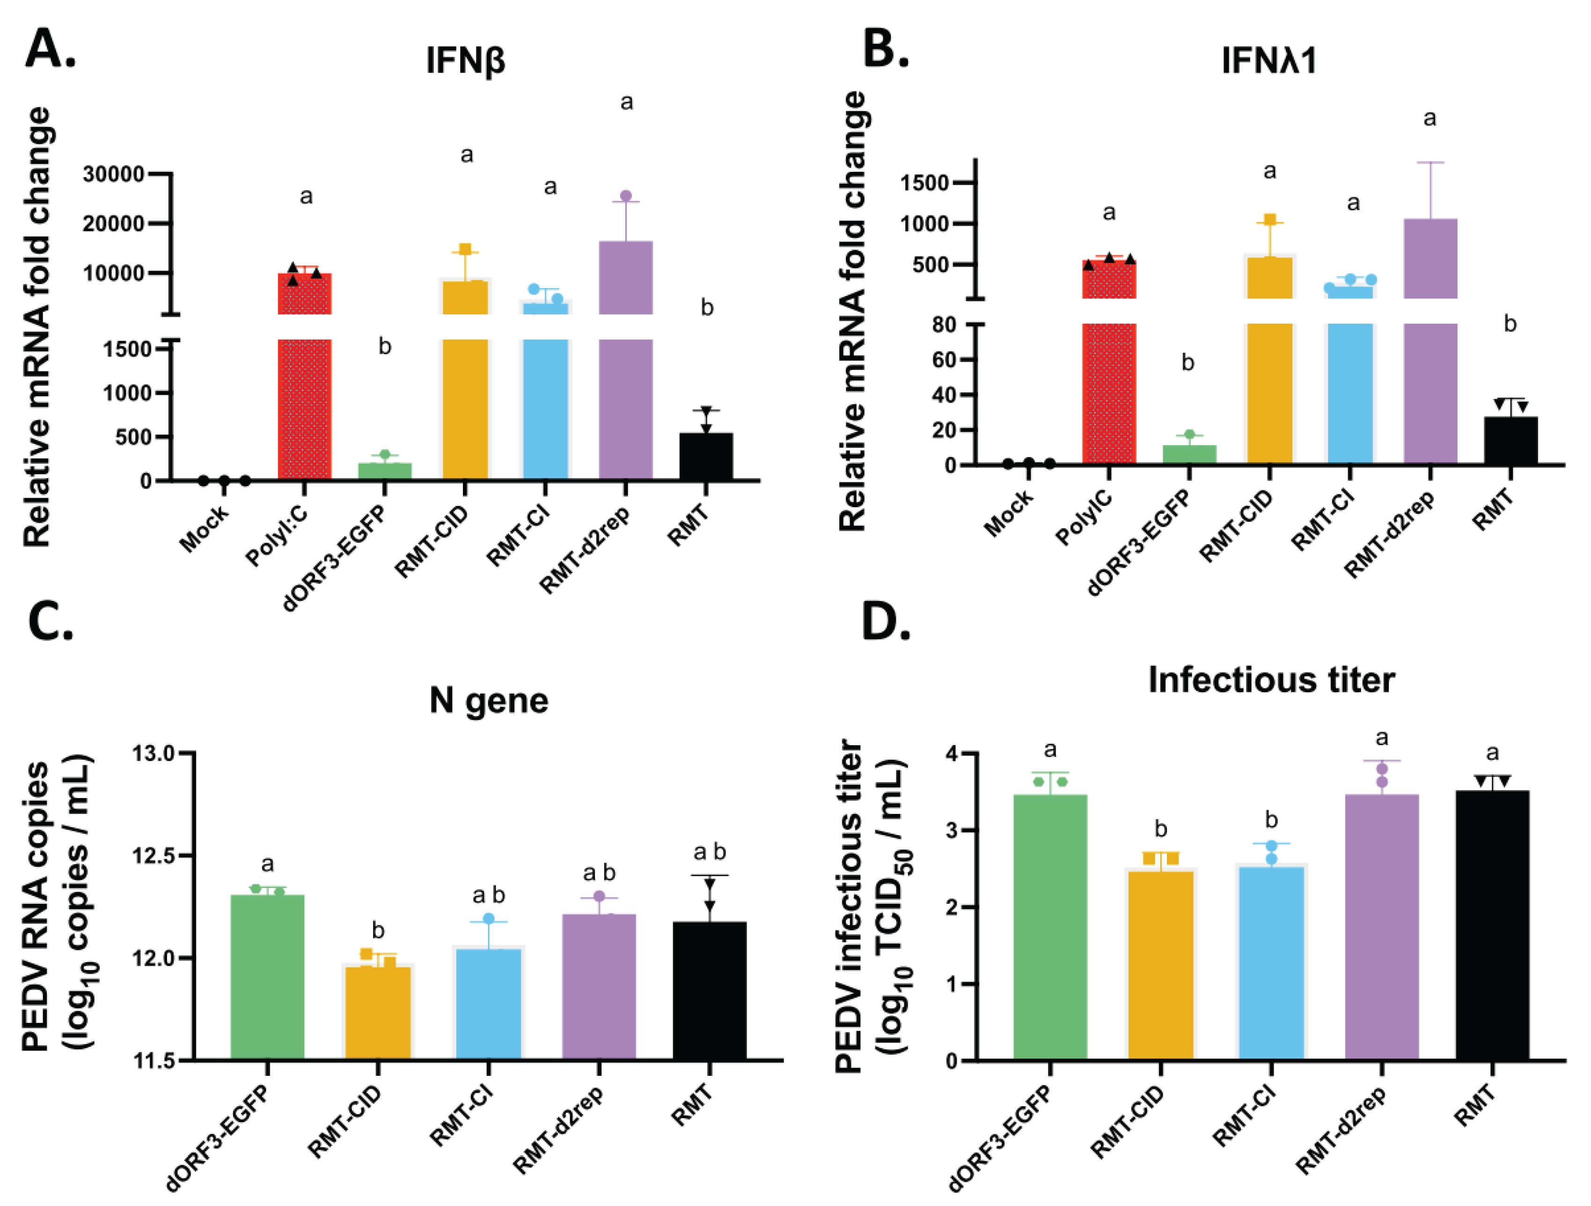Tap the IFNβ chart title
(465, 60)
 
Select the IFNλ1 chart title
(1269, 60)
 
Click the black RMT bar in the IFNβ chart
(705, 456)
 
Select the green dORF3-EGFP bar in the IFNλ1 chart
(1189, 454)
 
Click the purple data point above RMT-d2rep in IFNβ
(626, 196)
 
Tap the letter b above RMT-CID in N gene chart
(378, 931)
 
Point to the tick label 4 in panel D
(952, 754)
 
